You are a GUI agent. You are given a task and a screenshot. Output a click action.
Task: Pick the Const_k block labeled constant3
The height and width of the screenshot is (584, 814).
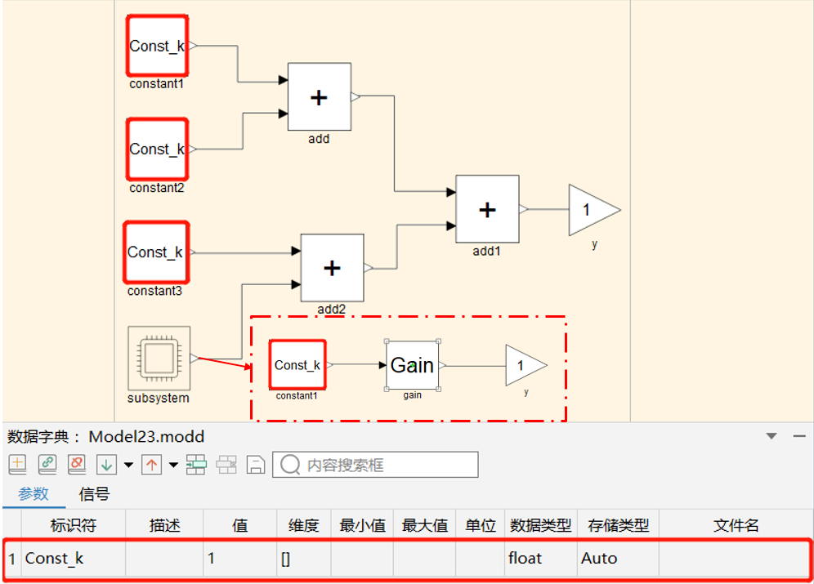tap(156, 252)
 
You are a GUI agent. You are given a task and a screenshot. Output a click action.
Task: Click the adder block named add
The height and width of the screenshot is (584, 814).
tap(319, 97)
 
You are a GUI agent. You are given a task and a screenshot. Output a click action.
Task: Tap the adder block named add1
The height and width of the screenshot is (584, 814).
tap(487, 210)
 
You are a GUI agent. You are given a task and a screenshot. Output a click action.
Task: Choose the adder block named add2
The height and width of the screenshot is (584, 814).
tap(332, 268)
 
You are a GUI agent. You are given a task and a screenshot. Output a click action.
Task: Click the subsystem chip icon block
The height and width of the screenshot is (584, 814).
tap(159, 358)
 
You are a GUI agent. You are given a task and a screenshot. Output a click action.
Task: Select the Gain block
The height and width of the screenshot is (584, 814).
tap(412, 365)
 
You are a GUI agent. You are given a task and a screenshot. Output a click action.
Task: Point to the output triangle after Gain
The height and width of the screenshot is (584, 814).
tap(523, 365)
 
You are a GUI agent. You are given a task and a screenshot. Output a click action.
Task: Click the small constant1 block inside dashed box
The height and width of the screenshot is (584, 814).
tap(297, 365)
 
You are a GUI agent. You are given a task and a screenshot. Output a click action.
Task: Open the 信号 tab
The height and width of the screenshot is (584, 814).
tap(94, 494)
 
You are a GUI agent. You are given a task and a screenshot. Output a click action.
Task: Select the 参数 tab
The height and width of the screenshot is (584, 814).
tap(34, 494)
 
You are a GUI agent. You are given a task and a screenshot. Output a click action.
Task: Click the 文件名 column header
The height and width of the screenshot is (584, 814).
tap(736, 525)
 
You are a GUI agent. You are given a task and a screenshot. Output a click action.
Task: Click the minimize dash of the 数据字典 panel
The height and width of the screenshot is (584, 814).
tap(799, 436)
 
